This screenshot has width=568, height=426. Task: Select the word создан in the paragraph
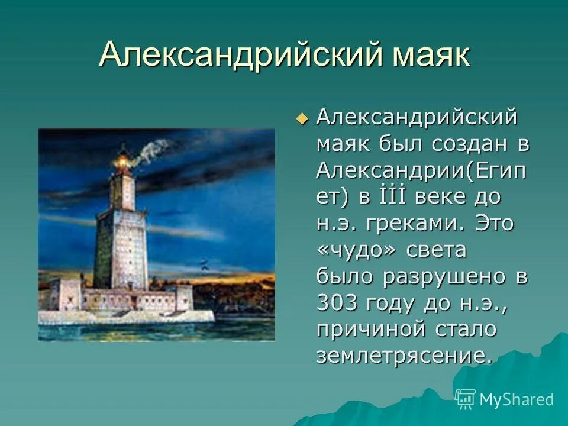pyautogui.click(x=465, y=144)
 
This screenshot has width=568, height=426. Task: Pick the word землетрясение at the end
pyautogui.click(x=404, y=356)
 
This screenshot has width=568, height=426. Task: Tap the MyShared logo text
pyautogui.click(x=516, y=399)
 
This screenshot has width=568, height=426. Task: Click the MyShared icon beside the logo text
pyautogui.click(x=466, y=399)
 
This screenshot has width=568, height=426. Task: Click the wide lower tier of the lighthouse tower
pyautogui.click(x=121, y=248)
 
